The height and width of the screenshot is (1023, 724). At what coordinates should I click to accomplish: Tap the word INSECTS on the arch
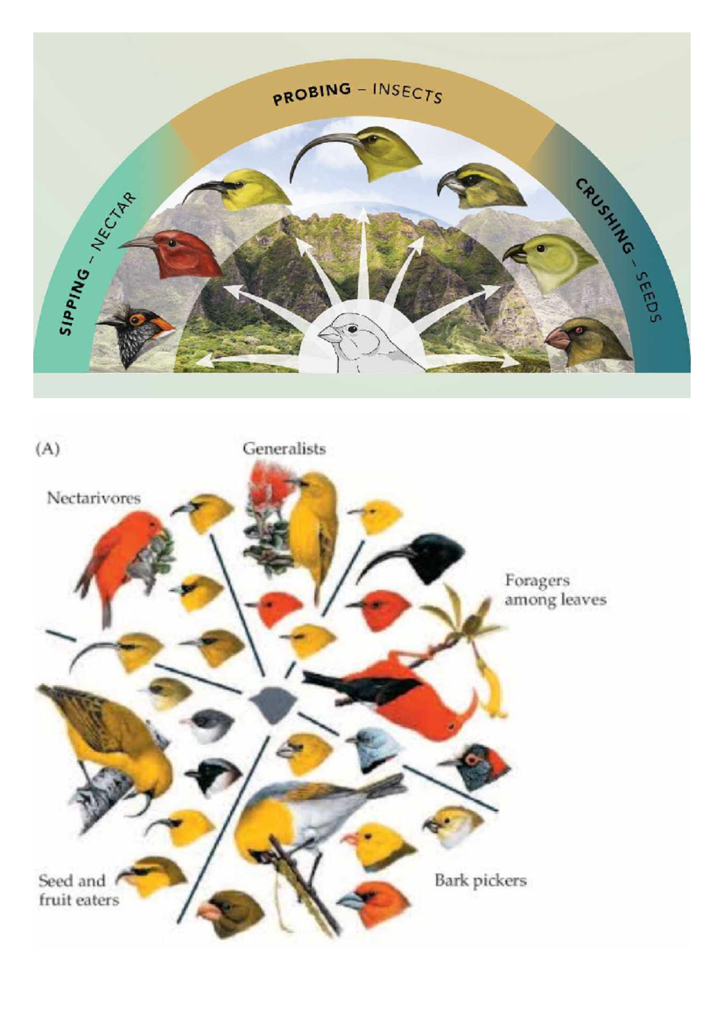(x=407, y=93)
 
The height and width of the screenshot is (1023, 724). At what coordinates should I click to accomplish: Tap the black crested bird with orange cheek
(x=133, y=335)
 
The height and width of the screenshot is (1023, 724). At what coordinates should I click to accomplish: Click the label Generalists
(x=284, y=449)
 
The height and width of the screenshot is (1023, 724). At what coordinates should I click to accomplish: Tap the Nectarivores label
(x=94, y=498)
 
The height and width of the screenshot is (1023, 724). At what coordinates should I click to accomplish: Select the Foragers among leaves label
(x=555, y=589)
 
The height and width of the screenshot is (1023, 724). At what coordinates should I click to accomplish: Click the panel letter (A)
(x=48, y=449)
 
